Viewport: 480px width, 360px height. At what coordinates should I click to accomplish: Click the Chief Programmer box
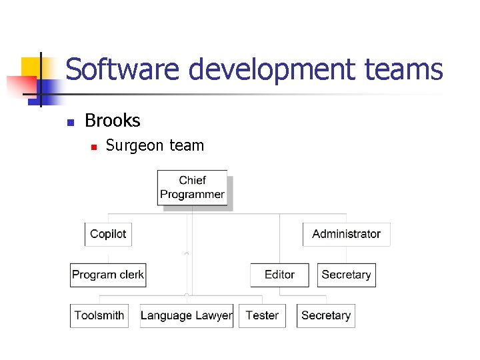coord(192,187)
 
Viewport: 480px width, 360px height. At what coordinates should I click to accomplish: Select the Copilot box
coord(108,234)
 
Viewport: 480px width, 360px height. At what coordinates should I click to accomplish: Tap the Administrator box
coord(346,234)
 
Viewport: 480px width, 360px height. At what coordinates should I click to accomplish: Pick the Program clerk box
coord(108,275)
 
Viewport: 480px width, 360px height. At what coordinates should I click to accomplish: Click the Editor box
coord(279,275)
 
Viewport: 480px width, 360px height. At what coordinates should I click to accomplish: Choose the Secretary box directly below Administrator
coord(346,275)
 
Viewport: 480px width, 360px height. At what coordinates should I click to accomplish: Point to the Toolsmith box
coord(99,315)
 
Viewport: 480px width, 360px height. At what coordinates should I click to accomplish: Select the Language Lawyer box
coord(187,315)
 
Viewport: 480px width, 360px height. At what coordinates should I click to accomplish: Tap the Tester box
coord(262,315)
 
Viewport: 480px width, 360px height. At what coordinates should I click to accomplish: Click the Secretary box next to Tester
coord(325,315)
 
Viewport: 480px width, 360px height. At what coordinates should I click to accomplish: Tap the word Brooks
coord(113,121)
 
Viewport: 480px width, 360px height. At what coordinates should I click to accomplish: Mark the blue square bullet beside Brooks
coord(69,122)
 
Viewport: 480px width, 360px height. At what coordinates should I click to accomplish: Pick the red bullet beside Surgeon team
coord(93,146)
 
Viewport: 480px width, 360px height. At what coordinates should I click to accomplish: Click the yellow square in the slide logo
coord(31,67)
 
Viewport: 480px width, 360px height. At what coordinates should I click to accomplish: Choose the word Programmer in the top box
coord(192,195)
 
